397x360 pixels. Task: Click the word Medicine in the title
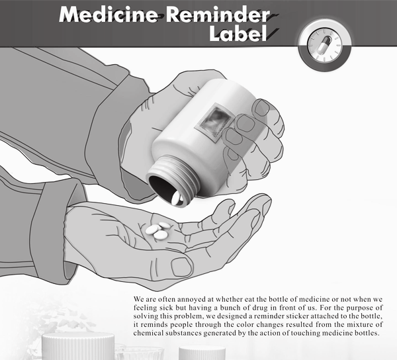[x=109, y=15]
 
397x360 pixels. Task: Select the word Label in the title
[x=238, y=33]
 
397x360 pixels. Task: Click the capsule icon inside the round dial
[x=325, y=44]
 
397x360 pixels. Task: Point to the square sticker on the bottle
[x=214, y=121]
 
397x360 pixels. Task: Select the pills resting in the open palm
[x=158, y=230]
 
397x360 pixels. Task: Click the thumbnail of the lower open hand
[x=181, y=267]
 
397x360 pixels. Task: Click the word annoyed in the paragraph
[x=191, y=300]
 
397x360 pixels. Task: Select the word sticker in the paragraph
[x=297, y=316]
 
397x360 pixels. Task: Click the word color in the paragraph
[x=243, y=324]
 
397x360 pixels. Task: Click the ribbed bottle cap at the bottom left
[x=77, y=346]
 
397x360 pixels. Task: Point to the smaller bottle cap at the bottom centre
[x=202, y=353]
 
